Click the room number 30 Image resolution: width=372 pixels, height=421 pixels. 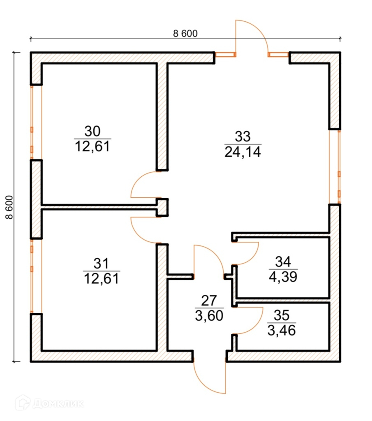click(92, 132)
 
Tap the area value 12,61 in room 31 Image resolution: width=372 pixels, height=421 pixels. click(101, 279)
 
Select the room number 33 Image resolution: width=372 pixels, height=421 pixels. click(243, 136)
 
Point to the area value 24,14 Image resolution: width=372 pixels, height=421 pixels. click(243, 153)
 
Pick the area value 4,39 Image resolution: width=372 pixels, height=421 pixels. click(282, 277)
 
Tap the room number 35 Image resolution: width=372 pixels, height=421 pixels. click(282, 315)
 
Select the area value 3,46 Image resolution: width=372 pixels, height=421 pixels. click(282, 330)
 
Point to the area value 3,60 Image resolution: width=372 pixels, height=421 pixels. click(210, 316)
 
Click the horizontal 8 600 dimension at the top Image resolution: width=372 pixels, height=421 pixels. click(185, 34)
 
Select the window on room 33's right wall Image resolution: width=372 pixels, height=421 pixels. click(339, 167)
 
